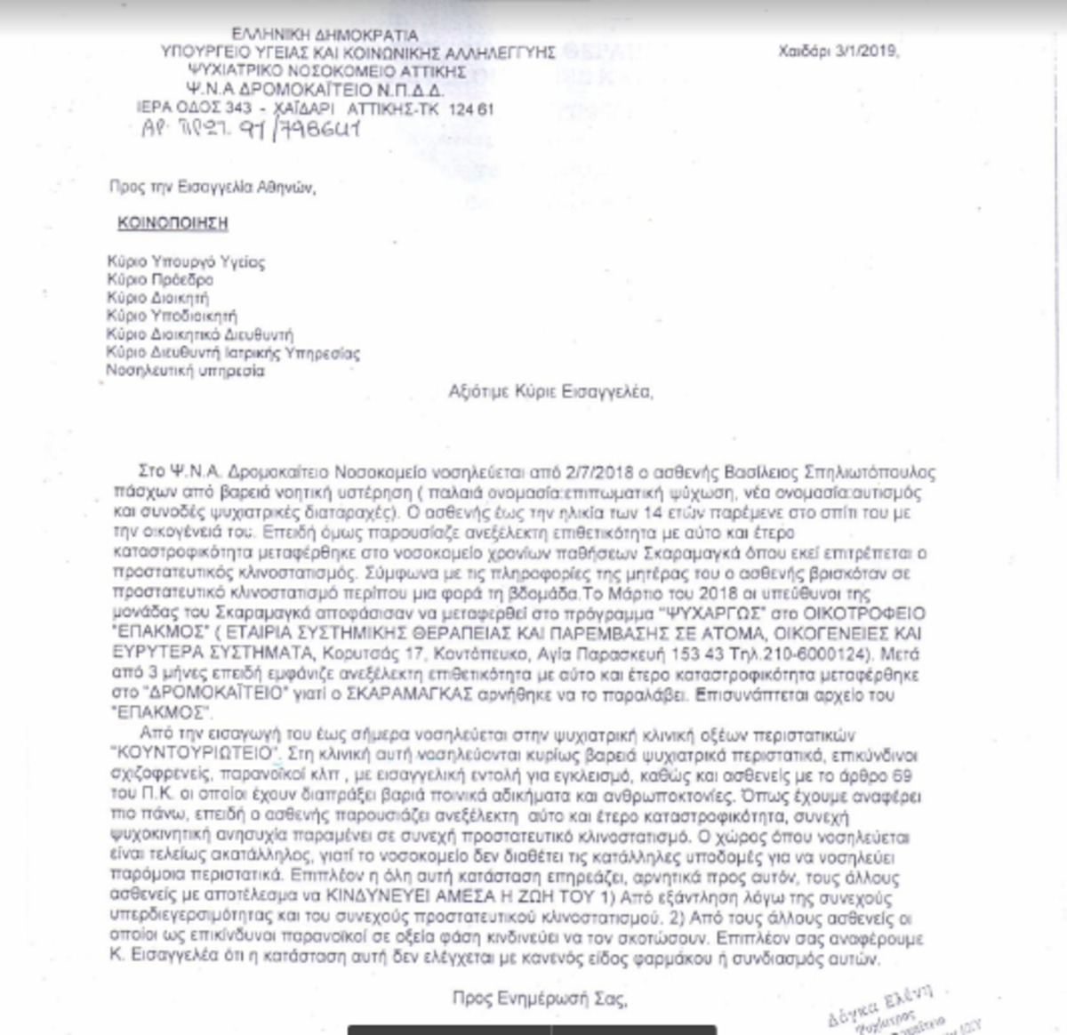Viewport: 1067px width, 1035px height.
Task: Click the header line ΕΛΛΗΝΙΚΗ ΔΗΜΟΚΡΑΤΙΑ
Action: (x=325, y=35)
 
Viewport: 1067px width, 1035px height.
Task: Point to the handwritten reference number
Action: (x=251, y=130)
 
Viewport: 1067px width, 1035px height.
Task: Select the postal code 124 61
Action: (x=470, y=109)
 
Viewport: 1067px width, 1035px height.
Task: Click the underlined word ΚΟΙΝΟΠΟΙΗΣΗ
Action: (x=172, y=223)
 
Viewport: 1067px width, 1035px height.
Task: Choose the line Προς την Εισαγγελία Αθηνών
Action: (x=212, y=188)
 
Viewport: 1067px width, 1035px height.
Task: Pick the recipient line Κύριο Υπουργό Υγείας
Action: (x=185, y=262)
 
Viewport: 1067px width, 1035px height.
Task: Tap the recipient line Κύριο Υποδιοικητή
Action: (x=171, y=316)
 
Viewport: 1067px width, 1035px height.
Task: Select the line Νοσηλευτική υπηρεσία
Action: (x=185, y=371)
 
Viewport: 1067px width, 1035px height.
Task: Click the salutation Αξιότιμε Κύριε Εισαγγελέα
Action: (x=550, y=391)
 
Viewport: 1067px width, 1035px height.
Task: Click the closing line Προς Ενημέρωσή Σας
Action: (x=539, y=999)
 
